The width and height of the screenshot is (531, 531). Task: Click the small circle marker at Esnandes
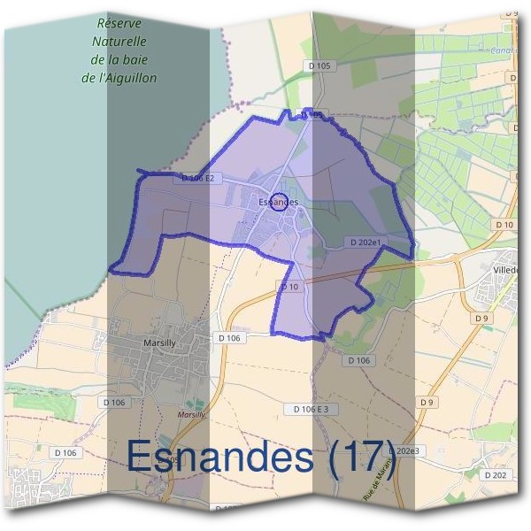point(277,202)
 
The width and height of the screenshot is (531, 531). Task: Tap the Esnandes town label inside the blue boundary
point(278,203)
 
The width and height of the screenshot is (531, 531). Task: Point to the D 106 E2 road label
point(197,178)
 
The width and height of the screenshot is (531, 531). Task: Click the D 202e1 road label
point(365,242)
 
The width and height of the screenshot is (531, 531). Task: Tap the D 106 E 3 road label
point(311,409)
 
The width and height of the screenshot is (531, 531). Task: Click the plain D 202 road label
point(495,475)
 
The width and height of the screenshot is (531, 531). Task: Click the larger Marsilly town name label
point(162,340)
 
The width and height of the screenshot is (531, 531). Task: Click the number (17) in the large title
point(364,457)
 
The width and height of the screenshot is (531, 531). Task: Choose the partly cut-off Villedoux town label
point(512,268)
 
